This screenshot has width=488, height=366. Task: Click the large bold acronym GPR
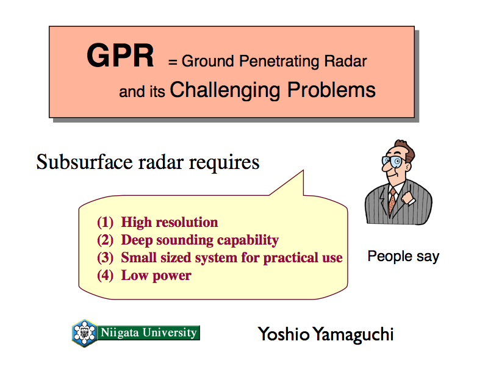tap(120, 56)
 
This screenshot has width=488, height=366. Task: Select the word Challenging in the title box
tap(225, 90)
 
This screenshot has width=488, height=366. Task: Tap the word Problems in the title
tap(331, 90)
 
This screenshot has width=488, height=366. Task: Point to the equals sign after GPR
tap(173, 62)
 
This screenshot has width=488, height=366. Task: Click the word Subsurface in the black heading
tap(84, 162)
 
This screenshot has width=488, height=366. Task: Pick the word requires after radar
tap(224, 163)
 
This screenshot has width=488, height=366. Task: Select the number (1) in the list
tap(105, 222)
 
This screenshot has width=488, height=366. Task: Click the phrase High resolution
tap(170, 222)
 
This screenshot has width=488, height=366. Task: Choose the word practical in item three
tap(290, 258)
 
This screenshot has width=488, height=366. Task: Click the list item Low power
tap(156, 276)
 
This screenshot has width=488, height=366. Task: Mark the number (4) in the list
tap(105, 276)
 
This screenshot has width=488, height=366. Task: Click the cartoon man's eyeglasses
tap(393, 161)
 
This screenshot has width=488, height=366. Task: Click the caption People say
tap(403, 256)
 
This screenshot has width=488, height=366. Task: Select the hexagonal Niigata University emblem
tap(84, 333)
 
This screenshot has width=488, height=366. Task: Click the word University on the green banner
tap(170, 332)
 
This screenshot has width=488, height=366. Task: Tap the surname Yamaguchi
tap(353, 334)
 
